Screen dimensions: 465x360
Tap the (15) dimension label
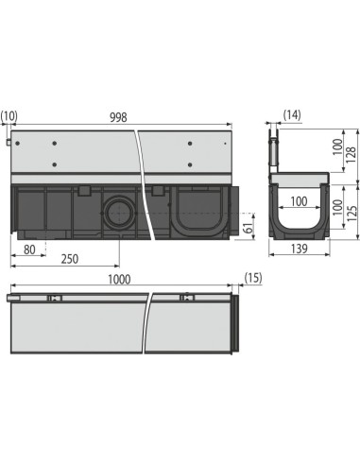[252, 278]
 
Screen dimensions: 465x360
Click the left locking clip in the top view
[55, 300]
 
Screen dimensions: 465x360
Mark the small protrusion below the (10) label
[9, 142]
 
